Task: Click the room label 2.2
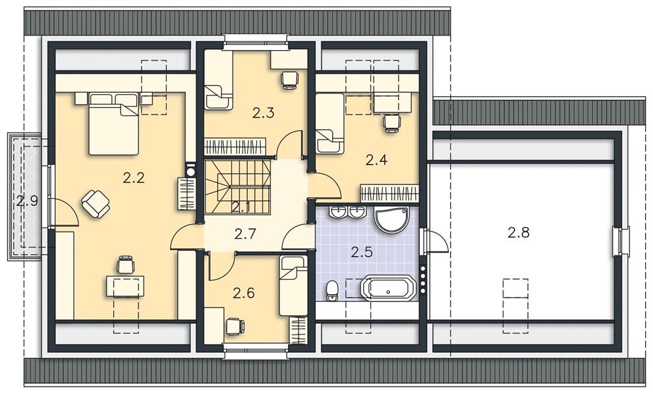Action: (134, 178)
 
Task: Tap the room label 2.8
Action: (519, 232)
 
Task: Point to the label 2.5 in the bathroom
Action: (362, 252)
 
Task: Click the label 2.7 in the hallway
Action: (245, 234)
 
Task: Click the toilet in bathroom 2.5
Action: (332, 290)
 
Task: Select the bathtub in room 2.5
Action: (389, 288)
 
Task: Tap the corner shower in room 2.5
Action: (392, 220)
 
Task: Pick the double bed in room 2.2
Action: (113, 124)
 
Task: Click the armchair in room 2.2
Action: (96, 203)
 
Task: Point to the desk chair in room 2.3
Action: (290, 80)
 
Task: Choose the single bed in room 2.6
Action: (293, 286)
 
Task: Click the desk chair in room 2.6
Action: (234, 326)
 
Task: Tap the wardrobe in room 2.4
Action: (389, 194)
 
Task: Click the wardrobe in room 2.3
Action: (235, 147)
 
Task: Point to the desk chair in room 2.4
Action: (391, 123)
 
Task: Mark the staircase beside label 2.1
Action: (238, 188)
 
